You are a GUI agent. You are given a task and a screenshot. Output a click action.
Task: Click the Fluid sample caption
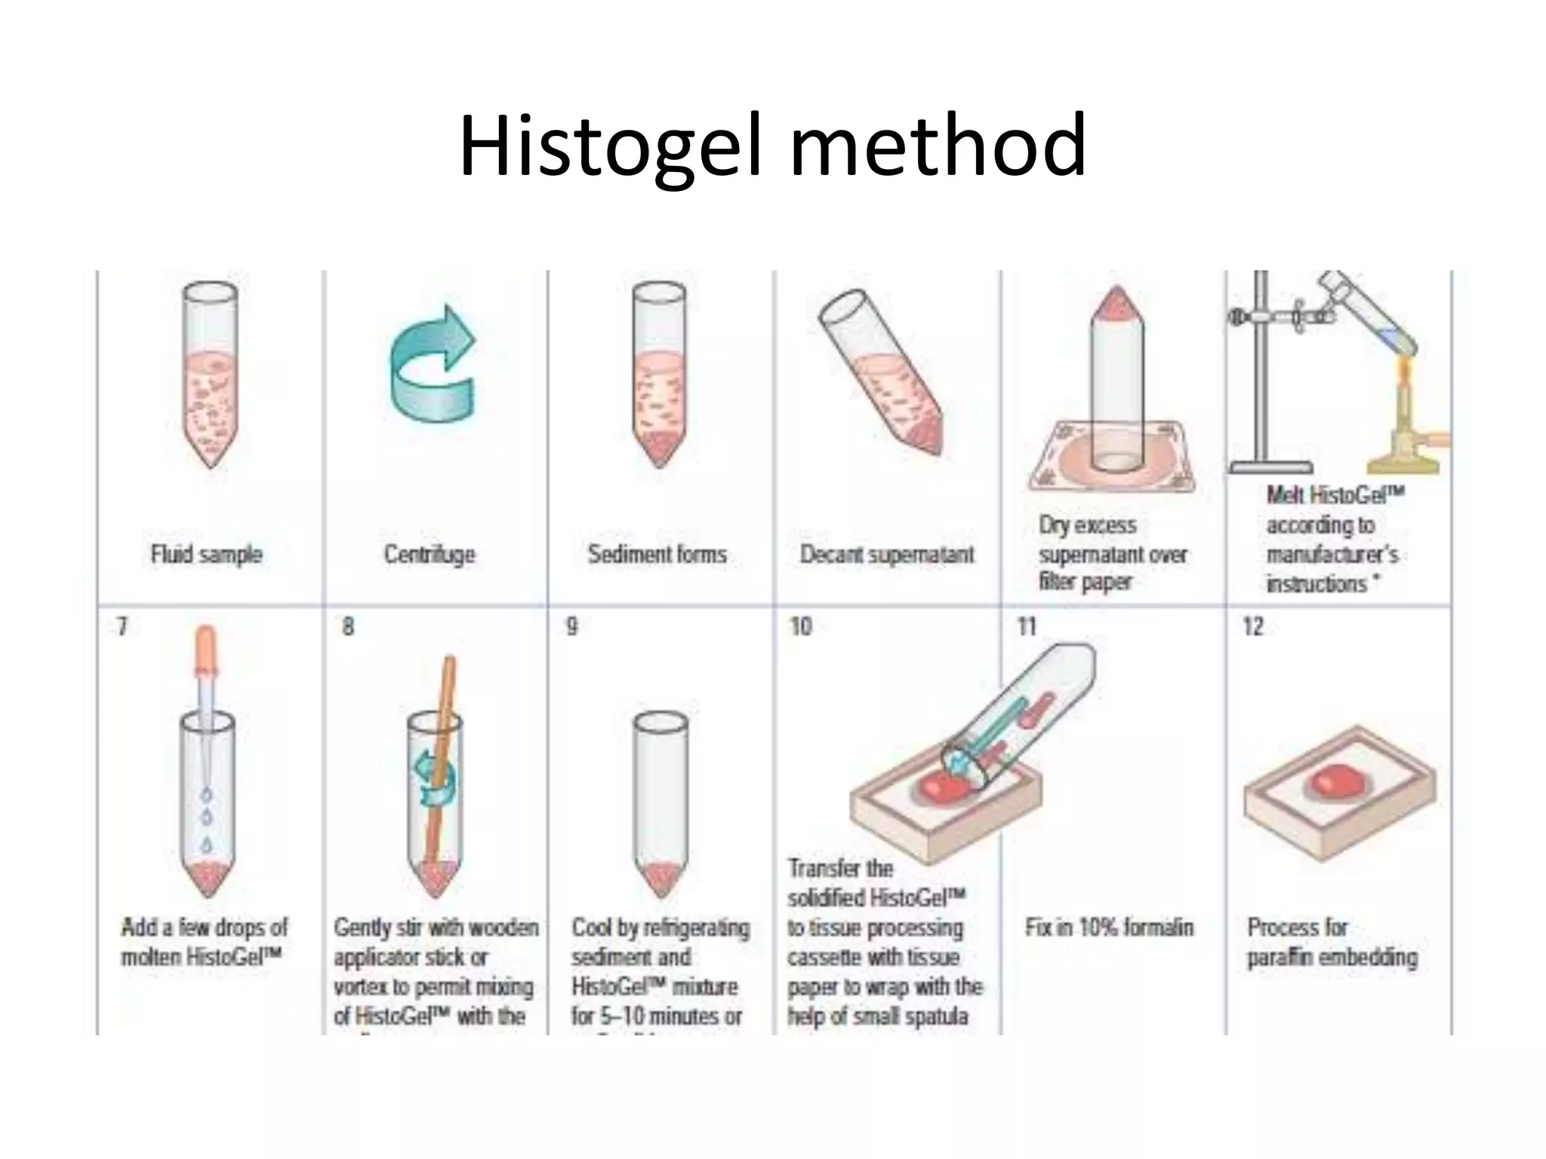pyautogui.click(x=206, y=555)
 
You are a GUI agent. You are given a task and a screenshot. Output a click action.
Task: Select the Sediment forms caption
pyautogui.click(x=657, y=555)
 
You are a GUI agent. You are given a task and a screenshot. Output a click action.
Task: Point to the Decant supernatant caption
pyautogui.click(x=886, y=555)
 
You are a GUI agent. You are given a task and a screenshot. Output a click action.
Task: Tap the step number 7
pyautogui.click(x=122, y=626)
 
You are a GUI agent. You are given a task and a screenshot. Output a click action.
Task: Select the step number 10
pyautogui.click(x=800, y=626)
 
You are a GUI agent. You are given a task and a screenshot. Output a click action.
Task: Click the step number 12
pyautogui.click(x=1253, y=626)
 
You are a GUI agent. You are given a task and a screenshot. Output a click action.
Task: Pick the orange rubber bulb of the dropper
pyautogui.click(x=206, y=649)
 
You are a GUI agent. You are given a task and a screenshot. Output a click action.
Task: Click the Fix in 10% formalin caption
pyautogui.click(x=1109, y=927)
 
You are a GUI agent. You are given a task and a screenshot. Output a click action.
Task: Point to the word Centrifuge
pyautogui.click(x=430, y=555)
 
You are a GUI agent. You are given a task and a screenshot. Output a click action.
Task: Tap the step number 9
pyautogui.click(x=572, y=626)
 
